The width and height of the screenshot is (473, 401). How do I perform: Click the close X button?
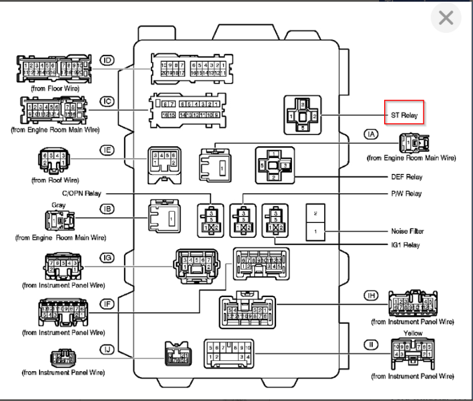[x=446, y=19]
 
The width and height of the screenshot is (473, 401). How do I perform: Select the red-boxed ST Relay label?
[x=404, y=115]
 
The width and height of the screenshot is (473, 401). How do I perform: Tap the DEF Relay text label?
[x=407, y=177]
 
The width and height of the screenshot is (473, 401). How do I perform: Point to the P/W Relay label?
[x=406, y=193]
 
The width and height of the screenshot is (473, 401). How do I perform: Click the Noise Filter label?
[x=407, y=231]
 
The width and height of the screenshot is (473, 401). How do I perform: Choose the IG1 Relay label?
[x=407, y=245]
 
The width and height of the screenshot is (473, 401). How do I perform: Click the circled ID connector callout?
[x=107, y=60]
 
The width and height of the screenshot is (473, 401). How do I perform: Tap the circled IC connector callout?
[x=107, y=102]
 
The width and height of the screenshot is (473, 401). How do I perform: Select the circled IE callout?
[x=107, y=150]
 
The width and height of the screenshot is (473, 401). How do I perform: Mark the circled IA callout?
[x=371, y=134]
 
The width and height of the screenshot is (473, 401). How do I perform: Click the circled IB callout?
[x=107, y=209]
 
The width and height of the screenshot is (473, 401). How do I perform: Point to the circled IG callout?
[x=107, y=258]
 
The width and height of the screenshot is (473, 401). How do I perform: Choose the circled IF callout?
[x=107, y=304]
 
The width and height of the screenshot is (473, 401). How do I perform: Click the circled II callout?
[x=371, y=344]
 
